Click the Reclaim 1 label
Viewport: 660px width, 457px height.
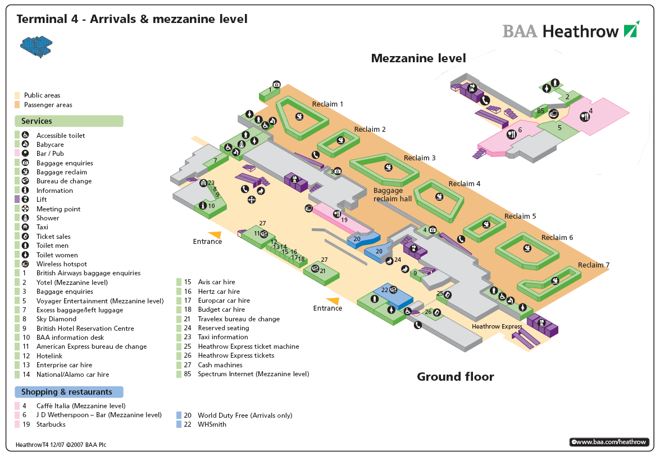coord(327,104)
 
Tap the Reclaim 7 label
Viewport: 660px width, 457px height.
coord(594,265)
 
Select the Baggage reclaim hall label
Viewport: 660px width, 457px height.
coord(393,195)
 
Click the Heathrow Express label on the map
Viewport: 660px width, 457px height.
coord(497,326)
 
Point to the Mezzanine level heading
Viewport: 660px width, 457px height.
coord(418,58)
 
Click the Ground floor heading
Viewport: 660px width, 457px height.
coord(455,377)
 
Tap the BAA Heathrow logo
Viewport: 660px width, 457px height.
coord(570,30)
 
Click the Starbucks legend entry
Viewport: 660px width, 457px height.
coord(51,424)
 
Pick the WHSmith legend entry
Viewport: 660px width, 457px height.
coord(212,424)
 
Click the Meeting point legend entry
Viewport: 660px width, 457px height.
coord(58,209)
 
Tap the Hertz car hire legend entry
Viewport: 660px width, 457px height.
coord(219,292)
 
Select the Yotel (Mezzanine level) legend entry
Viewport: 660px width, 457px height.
coord(72,283)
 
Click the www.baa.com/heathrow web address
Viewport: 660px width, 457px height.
coord(609,442)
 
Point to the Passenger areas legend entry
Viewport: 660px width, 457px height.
coord(48,105)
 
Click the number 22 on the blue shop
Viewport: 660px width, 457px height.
coord(385,290)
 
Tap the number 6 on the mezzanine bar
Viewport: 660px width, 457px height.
coord(520,130)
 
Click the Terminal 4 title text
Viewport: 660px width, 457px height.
coord(132,19)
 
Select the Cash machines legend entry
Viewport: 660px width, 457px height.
coord(220,365)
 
